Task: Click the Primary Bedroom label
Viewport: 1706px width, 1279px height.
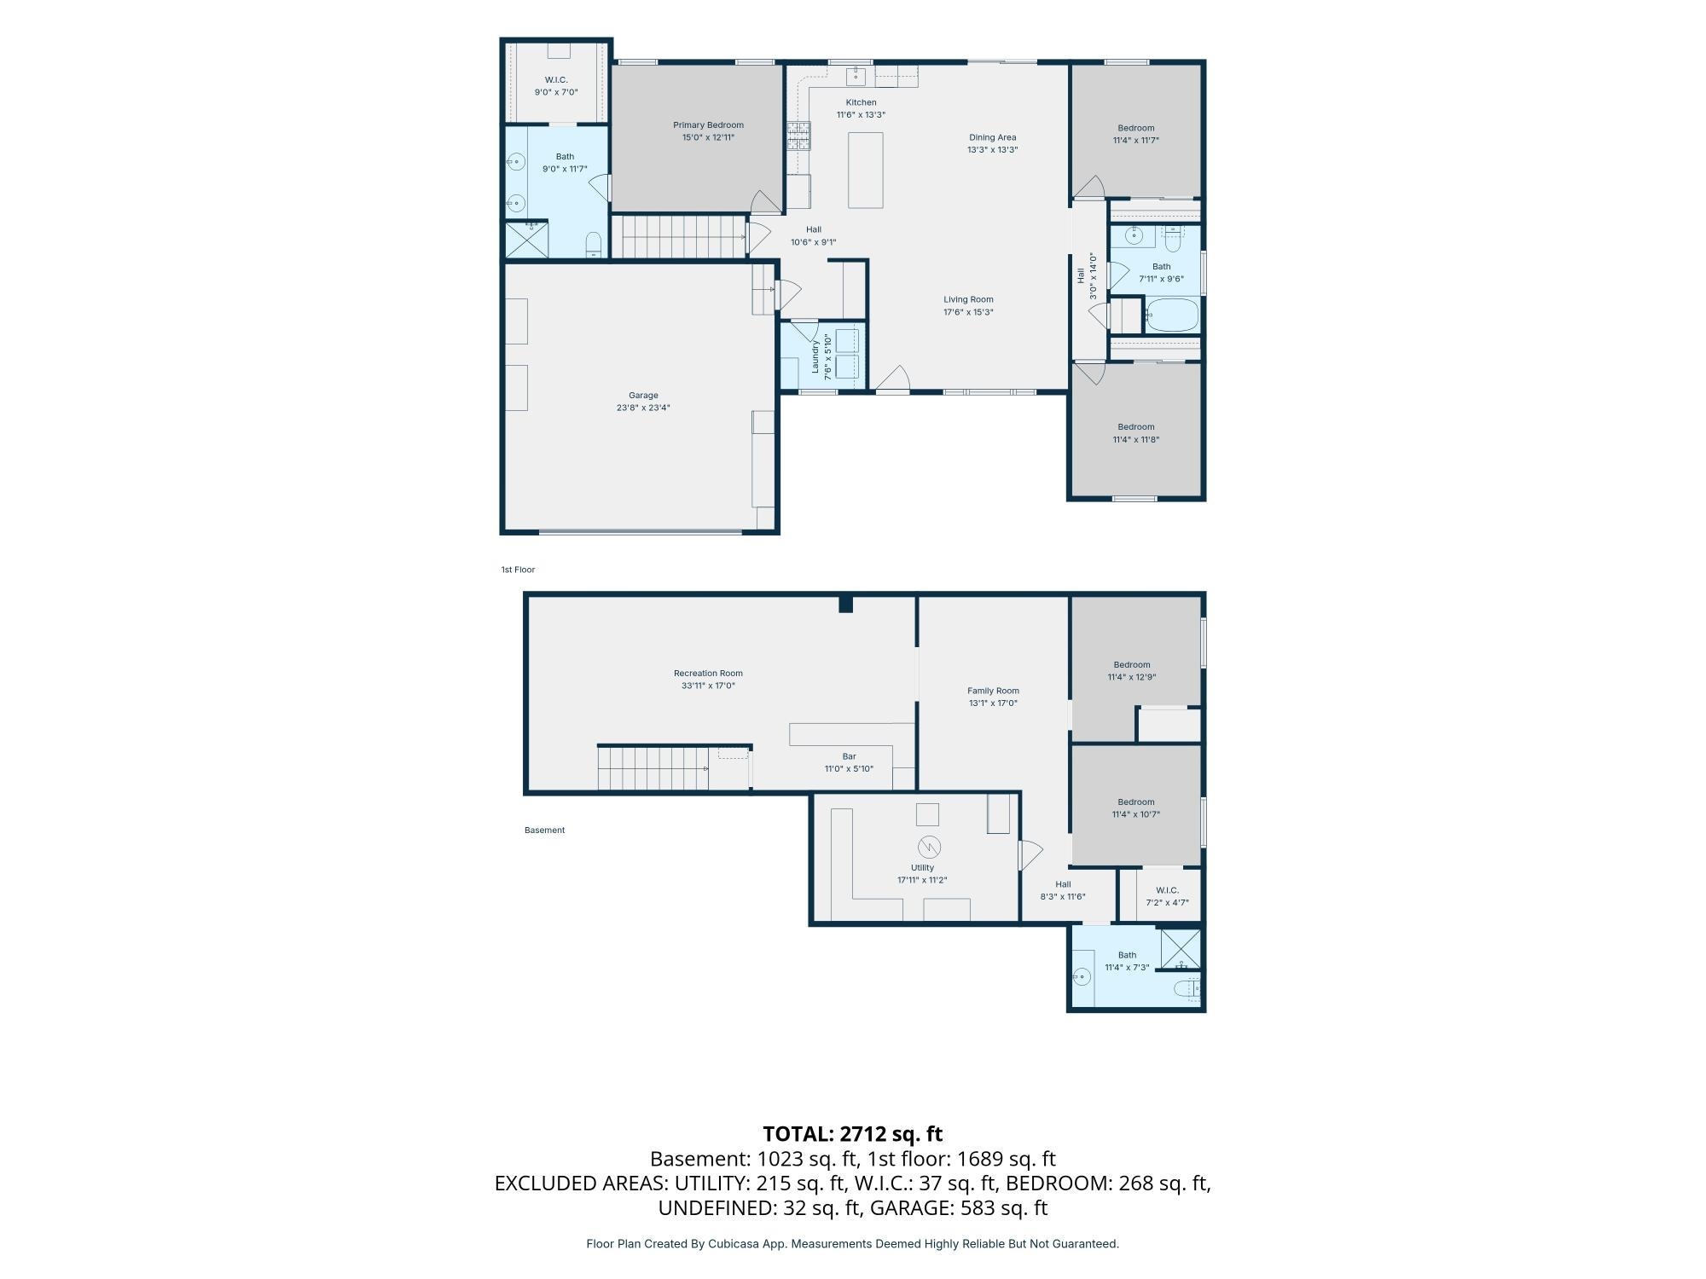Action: [x=708, y=125]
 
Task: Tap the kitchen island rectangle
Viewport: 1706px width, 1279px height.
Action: [x=865, y=170]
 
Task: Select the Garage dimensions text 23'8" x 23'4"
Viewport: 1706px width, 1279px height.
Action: [x=643, y=408]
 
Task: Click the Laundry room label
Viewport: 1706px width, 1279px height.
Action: [x=815, y=356]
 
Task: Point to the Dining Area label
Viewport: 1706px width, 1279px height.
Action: [x=992, y=137]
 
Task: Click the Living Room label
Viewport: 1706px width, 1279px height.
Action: [x=968, y=299]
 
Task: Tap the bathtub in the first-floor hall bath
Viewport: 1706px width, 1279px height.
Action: [x=1171, y=315]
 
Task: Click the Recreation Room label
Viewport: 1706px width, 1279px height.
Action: [x=708, y=674]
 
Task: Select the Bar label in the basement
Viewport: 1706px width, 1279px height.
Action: [x=849, y=756]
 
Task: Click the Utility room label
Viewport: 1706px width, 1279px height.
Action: [x=922, y=868]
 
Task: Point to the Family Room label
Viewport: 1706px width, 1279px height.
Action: [x=993, y=691]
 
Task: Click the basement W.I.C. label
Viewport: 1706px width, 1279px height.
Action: [x=1167, y=890]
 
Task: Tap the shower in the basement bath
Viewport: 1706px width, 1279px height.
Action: [x=1181, y=949]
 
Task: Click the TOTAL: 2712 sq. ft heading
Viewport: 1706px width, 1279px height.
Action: [x=852, y=1134]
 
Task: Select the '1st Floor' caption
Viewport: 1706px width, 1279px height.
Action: [x=518, y=570]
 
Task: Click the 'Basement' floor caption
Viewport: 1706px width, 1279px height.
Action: [x=544, y=830]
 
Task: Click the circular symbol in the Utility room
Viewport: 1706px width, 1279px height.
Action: [x=928, y=848]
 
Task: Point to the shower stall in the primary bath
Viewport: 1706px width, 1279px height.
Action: [x=526, y=240]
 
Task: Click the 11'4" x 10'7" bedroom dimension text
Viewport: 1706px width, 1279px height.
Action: [x=1136, y=814]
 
